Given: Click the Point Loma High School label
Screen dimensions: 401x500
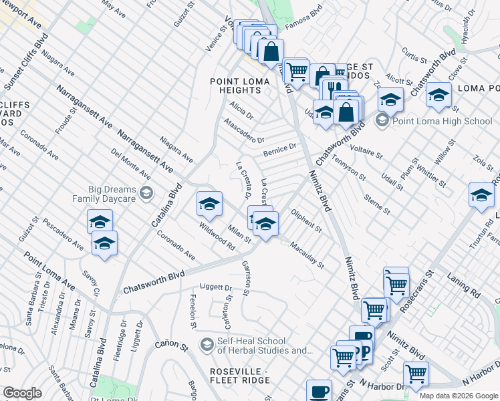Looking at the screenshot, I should pos(442,121).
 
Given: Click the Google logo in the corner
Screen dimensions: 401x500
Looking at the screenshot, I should pos(22,393).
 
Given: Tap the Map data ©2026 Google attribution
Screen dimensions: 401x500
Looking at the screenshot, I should pos(458,396).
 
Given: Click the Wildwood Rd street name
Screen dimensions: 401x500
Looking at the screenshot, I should pos(218,236).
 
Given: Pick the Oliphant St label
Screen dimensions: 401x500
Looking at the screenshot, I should pos(306,221).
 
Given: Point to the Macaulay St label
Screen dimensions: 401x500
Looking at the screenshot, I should pos(307,255).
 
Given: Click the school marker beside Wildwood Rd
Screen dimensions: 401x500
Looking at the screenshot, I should pos(209,205).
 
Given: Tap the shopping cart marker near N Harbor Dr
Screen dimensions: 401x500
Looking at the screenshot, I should pos(416,375).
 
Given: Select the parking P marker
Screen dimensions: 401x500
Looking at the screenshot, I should pos(365,352).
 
